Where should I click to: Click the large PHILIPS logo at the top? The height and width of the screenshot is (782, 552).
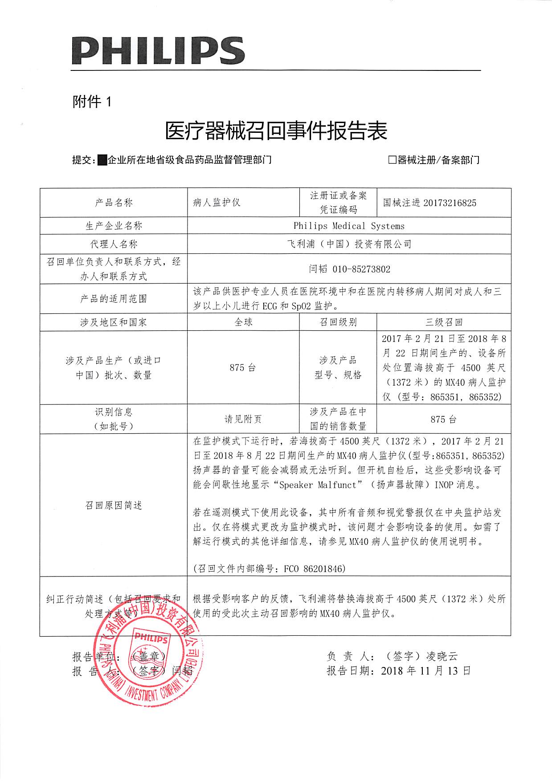tap(158, 50)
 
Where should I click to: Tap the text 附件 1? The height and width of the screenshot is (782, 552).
tap(91, 102)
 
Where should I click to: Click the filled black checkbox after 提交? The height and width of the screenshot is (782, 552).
tap(102, 160)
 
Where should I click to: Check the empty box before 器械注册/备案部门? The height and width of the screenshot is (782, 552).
tap(392, 160)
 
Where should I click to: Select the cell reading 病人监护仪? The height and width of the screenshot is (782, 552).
tap(217, 202)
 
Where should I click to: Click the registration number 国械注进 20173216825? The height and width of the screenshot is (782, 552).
tap(429, 203)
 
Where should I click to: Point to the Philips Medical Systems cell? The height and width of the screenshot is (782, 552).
tap(349, 226)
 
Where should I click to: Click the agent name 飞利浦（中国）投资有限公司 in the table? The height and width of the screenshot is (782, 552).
tap(349, 244)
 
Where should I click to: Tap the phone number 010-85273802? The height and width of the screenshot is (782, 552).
tap(361, 269)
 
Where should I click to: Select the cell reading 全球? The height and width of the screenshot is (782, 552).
tap(243, 322)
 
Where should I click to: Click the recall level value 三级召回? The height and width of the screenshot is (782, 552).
tap(444, 322)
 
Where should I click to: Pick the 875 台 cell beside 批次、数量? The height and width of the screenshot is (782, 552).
tap(243, 368)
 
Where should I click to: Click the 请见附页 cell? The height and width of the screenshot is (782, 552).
tap(243, 419)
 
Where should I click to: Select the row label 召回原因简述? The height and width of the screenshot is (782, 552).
tap(113, 505)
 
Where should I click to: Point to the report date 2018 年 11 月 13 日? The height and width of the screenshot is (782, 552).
tap(425, 671)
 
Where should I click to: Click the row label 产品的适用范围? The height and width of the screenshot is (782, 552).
tap(113, 299)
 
